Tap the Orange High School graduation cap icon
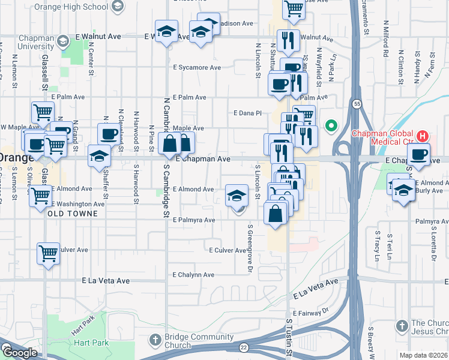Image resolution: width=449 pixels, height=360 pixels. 118,6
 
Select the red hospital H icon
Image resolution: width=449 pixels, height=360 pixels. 423,135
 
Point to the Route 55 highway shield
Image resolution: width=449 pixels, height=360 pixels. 356,103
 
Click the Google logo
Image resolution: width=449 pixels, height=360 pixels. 19,353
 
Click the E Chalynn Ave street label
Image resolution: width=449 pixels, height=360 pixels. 193,275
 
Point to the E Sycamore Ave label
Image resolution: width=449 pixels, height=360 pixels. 197,68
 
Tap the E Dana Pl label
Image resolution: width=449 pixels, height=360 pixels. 248,113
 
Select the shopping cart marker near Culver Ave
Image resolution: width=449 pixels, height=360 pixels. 49,253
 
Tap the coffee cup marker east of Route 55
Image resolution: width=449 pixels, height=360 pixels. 419,154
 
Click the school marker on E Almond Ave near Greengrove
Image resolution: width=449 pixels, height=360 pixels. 237,195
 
